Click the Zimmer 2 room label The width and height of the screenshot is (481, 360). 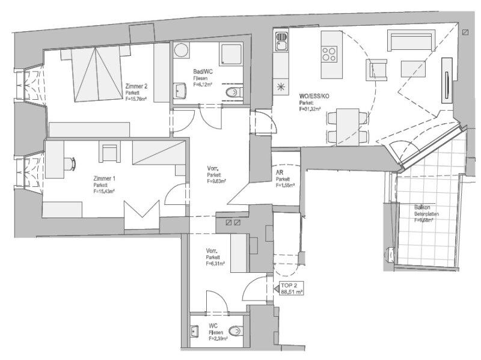[136, 87]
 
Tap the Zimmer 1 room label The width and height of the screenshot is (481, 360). [105, 179]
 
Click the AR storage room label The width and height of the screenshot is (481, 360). [279, 173]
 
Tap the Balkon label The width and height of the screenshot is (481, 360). [421, 208]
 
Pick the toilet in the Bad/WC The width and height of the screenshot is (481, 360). [234, 92]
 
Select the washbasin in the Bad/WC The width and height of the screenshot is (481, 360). [180, 91]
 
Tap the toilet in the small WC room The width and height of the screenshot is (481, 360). [237, 331]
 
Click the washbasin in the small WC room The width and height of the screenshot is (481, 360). [195, 331]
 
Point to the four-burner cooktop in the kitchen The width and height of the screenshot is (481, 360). [329, 55]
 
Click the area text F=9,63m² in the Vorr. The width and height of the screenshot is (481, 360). [216, 180]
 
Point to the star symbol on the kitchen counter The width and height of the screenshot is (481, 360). [281, 86]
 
